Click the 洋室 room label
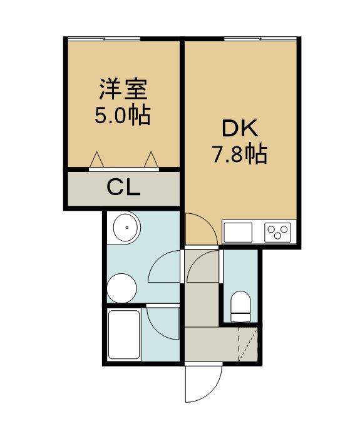pos(123,89)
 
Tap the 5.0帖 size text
pos(123,115)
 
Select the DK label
pos(240,128)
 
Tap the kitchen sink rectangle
pos(238,233)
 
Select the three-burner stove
pos(277,233)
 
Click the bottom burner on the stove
pos(277,236)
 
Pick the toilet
pos(240,306)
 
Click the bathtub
pos(124,335)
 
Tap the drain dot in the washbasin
pos(126,228)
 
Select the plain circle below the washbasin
pos(121,288)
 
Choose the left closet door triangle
pos(96,159)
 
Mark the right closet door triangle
pos(152,159)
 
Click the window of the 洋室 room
pos(104,39)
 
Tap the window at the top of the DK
pos(260,39)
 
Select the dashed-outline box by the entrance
pos(248,344)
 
